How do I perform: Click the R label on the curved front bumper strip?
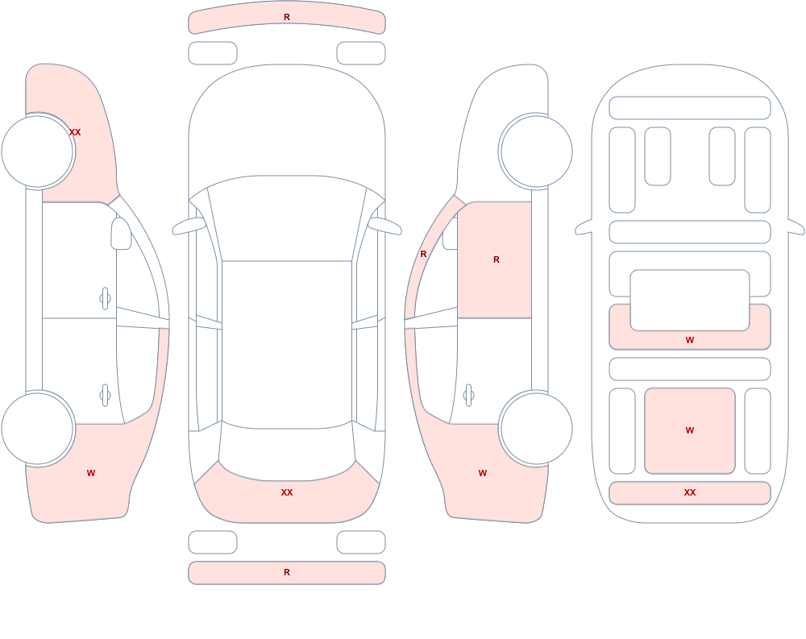pyautogui.click(x=287, y=17)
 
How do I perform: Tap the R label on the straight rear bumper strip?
pyautogui.click(x=287, y=572)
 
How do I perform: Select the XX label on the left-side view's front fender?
pyautogui.click(x=75, y=132)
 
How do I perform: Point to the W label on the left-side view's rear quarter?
pyautogui.click(x=91, y=473)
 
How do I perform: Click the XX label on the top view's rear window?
pyautogui.click(x=287, y=492)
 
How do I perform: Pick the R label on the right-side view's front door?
pyautogui.click(x=496, y=259)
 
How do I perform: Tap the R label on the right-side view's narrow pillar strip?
pyautogui.click(x=424, y=254)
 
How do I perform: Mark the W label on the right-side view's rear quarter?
pyautogui.click(x=483, y=473)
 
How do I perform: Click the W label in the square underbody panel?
pyautogui.click(x=690, y=430)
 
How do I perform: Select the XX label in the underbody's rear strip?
pyautogui.click(x=690, y=492)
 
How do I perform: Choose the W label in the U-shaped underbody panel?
pyautogui.click(x=690, y=340)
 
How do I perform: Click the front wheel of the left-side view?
pyautogui.click(x=38, y=151)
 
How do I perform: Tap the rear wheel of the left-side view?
pyautogui.click(x=38, y=428)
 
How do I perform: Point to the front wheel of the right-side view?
pyautogui.click(x=536, y=151)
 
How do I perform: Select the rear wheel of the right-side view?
pyautogui.click(x=536, y=428)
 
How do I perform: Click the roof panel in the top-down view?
pyautogui.click(x=287, y=344)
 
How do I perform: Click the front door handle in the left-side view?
pyautogui.click(x=105, y=298)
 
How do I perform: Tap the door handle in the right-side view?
pyautogui.click(x=468, y=396)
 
